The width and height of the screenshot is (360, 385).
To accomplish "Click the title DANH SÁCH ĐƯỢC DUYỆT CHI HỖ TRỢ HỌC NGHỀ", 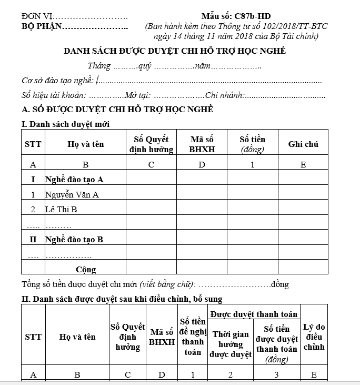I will point(174,51).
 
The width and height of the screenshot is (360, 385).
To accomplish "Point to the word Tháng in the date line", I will point(99,66).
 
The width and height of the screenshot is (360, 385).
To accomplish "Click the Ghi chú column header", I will point(303,144).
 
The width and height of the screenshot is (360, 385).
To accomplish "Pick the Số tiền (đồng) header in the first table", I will point(252,144).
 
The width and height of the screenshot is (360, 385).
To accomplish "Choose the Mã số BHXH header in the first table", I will point(202,144).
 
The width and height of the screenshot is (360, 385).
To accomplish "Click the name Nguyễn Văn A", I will point(72,195).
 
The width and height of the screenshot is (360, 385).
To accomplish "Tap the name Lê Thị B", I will point(61,210).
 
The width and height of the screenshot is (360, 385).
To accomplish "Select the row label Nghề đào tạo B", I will point(74,240).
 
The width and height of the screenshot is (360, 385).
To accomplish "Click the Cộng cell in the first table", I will point(85,270).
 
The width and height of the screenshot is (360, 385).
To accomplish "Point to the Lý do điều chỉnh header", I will point(314,337).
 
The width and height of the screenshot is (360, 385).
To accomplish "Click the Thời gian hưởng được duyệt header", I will point(231,344).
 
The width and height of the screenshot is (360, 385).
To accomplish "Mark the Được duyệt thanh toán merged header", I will point(254,314).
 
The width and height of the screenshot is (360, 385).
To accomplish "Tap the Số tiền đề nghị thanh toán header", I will point(193,337).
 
